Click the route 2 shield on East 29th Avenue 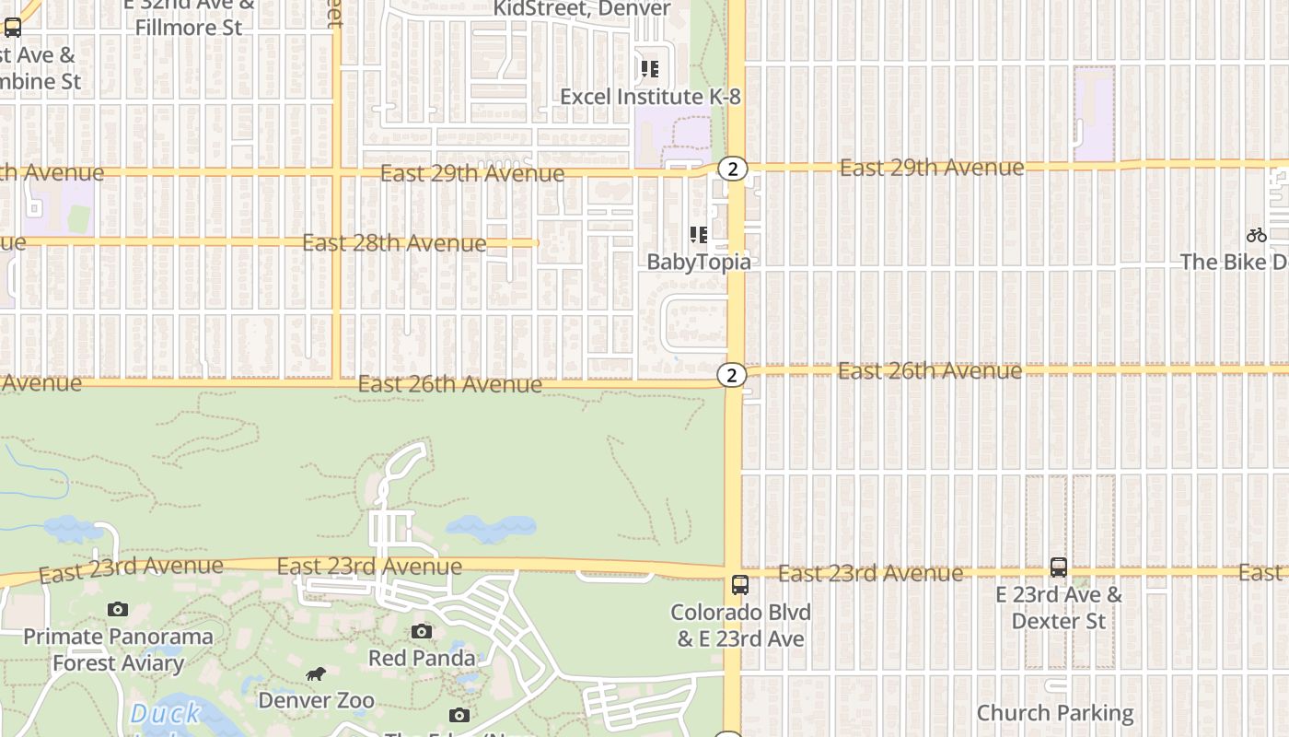click(x=732, y=169)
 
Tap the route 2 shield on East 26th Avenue click(x=731, y=375)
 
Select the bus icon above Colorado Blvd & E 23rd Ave click(x=739, y=585)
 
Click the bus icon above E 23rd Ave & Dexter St click(x=1059, y=567)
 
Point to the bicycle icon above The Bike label click(x=1256, y=236)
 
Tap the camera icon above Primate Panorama click(x=118, y=609)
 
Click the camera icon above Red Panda click(x=422, y=631)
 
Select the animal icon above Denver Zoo click(x=316, y=674)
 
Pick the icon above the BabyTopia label click(x=698, y=235)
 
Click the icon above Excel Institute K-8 click(x=650, y=69)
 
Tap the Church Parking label click(x=1055, y=713)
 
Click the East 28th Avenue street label click(x=394, y=243)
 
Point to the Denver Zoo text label click(x=316, y=700)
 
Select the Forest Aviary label click(x=118, y=663)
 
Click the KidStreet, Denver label click(x=582, y=9)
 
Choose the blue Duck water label click(x=166, y=713)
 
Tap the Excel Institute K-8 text click(x=650, y=97)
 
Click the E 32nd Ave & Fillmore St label click(x=189, y=17)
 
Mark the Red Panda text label click(x=422, y=658)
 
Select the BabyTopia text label click(x=698, y=262)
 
